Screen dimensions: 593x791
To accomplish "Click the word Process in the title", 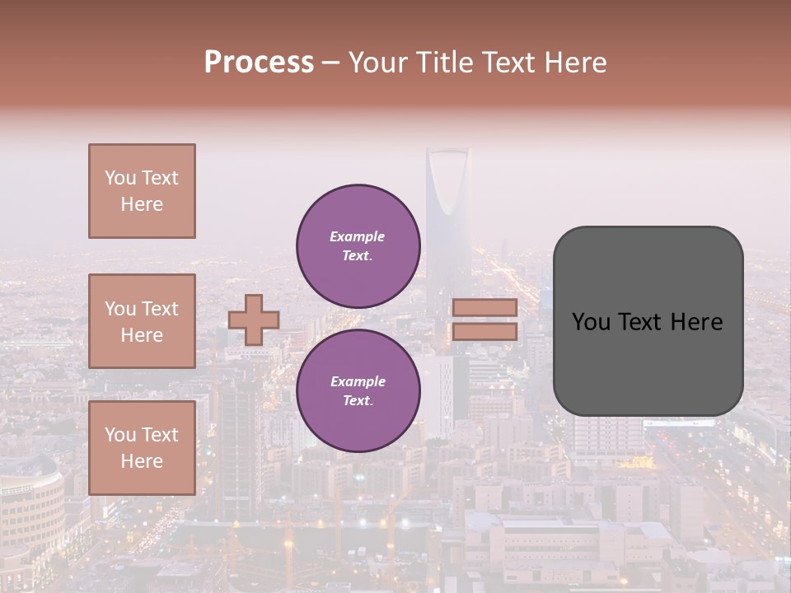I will pyautogui.click(x=259, y=63).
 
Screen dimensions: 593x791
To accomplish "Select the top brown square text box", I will pyautogui.click(x=142, y=191).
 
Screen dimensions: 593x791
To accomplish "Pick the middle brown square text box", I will pyautogui.click(x=142, y=321).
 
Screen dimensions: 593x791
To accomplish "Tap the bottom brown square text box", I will pyautogui.click(x=142, y=448).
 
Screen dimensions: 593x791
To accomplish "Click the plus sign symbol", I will pyautogui.click(x=254, y=320).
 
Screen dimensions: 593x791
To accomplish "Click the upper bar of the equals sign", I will pyautogui.click(x=484, y=308).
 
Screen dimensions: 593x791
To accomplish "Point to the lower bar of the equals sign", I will pyautogui.click(x=484, y=331).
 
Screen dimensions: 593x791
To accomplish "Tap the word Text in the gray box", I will pyautogui.click(x=642, y=322).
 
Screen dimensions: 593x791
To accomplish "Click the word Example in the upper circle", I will pyautogui.click(x=358, y=236).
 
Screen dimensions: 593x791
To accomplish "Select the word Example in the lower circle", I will pyautogui.click(x=358, y=381).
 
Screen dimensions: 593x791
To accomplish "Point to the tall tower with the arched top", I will pyautogui.click(x=447, y=206).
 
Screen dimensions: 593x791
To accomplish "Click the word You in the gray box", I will pyautogui.click(x=590, y=322).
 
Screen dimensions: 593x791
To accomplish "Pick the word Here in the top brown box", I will pyautogui.click(x=142, y=204).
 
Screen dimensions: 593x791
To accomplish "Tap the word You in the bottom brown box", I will pyautogui.click(x=120, y=435).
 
